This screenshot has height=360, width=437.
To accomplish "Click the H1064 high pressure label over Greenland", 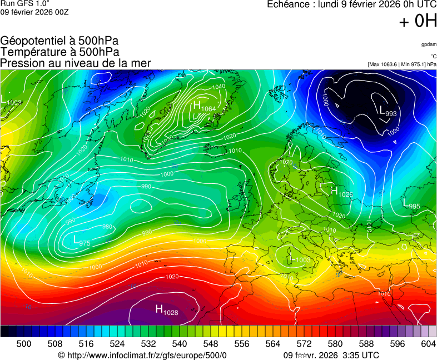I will pyautogui.click(x=204, y=107).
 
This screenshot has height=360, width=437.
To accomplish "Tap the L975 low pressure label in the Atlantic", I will pyautogui.click(x=82, y=241).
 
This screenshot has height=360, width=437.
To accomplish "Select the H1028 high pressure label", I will pyautogui.click(x=166, y=311).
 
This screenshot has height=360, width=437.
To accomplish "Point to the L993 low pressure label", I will pyautogui.click(x=388, y=112).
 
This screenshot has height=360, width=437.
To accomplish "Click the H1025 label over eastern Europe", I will pyautogui.click(x=341, y=193).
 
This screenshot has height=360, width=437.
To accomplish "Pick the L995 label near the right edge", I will pyautogui.click(x=411, y=206).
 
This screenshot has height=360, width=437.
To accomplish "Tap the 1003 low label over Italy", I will pyautogui.click(x=300, y=259).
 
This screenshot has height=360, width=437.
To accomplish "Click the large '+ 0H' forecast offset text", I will pyautogui.click(x=418, y=21).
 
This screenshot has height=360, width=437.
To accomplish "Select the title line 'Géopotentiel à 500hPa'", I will pyautogui.click(x=59, y=41).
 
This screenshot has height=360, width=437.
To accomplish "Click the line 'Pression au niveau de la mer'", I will pyautogui.click(x=75, y=63).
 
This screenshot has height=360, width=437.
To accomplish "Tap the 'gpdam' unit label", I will pyautogui.click(x=428, y=44).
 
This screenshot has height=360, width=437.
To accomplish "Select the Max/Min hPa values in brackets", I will pyautogui.click(x=402, y=64).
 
